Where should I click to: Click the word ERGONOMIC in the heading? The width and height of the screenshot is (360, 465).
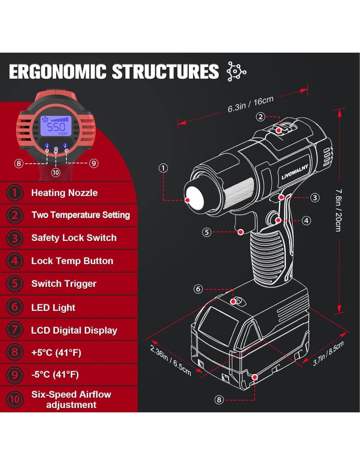point(58,72)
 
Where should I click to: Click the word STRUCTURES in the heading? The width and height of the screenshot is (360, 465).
point(165,72)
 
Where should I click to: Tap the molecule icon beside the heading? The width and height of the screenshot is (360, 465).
point(236,71)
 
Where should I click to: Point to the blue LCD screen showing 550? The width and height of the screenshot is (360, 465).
point(56,126)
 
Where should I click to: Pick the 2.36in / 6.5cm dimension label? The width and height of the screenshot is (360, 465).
point(170,360)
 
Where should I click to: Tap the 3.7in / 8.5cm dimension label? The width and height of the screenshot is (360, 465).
point(328,353)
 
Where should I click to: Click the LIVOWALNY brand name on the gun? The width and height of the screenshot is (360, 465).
point(295,172)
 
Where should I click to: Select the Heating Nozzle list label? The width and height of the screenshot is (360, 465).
point(64,193)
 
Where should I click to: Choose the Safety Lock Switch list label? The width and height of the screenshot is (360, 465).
point(74,238)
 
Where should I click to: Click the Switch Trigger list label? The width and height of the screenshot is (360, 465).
point(64,284)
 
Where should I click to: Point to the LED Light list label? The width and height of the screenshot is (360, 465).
point(53,307)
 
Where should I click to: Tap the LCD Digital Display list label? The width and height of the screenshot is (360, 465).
point(74,330)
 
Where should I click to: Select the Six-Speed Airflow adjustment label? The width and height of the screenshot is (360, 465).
point(71,399)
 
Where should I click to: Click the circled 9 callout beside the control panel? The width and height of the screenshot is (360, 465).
point(94,163)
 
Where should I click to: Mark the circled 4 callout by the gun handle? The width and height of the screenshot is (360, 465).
point(306,221)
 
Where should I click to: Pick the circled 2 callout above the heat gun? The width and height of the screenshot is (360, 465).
point(261,117)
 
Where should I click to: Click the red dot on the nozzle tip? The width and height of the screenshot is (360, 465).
point(188,200)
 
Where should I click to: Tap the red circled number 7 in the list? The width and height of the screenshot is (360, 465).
point(15,330)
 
